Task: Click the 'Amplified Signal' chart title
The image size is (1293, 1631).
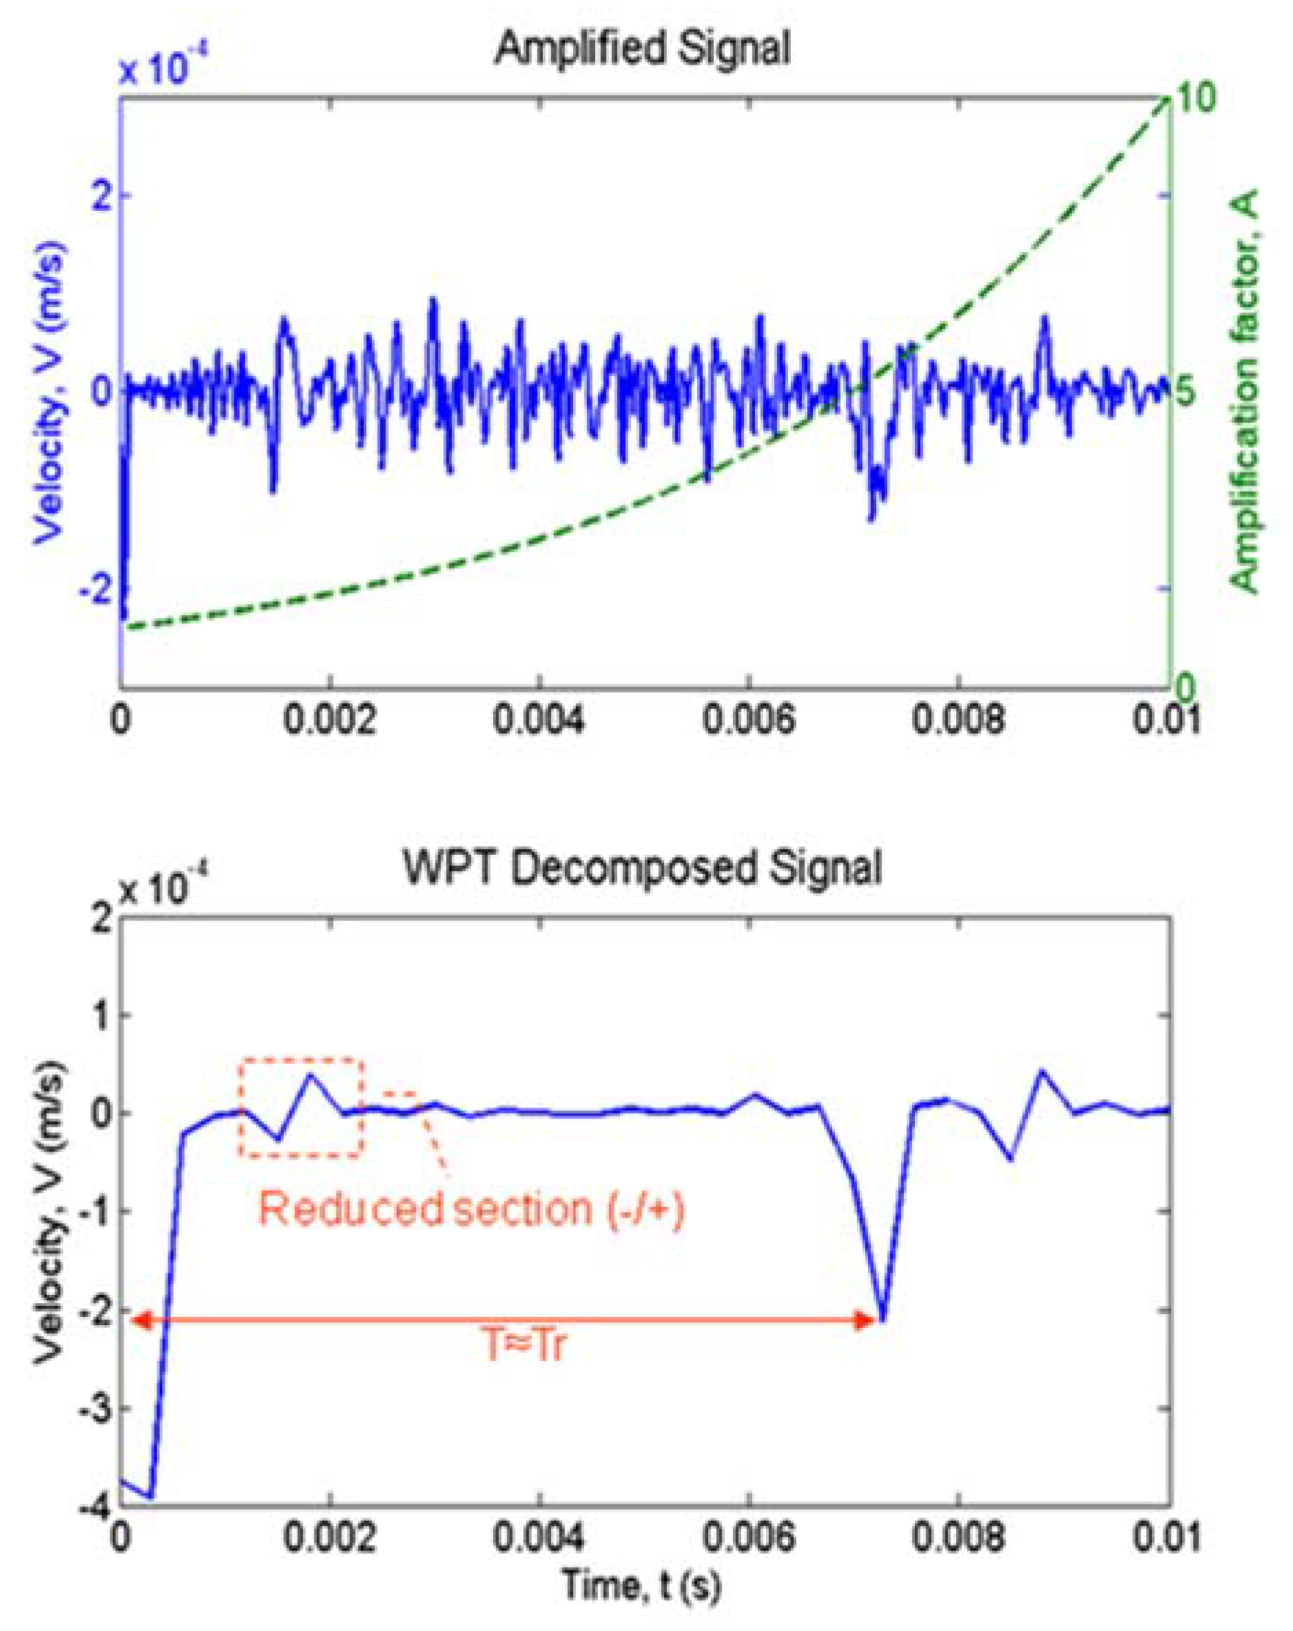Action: pos(641,50)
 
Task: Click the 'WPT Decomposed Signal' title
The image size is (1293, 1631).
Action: pos(641,868)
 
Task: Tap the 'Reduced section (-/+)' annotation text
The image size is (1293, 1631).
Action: pos(470,1208)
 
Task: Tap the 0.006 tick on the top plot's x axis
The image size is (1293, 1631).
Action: pos(748,718)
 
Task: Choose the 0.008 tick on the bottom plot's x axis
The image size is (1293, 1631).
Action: pos(958,1538)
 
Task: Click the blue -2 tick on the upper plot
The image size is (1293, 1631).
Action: pos(94,589)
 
